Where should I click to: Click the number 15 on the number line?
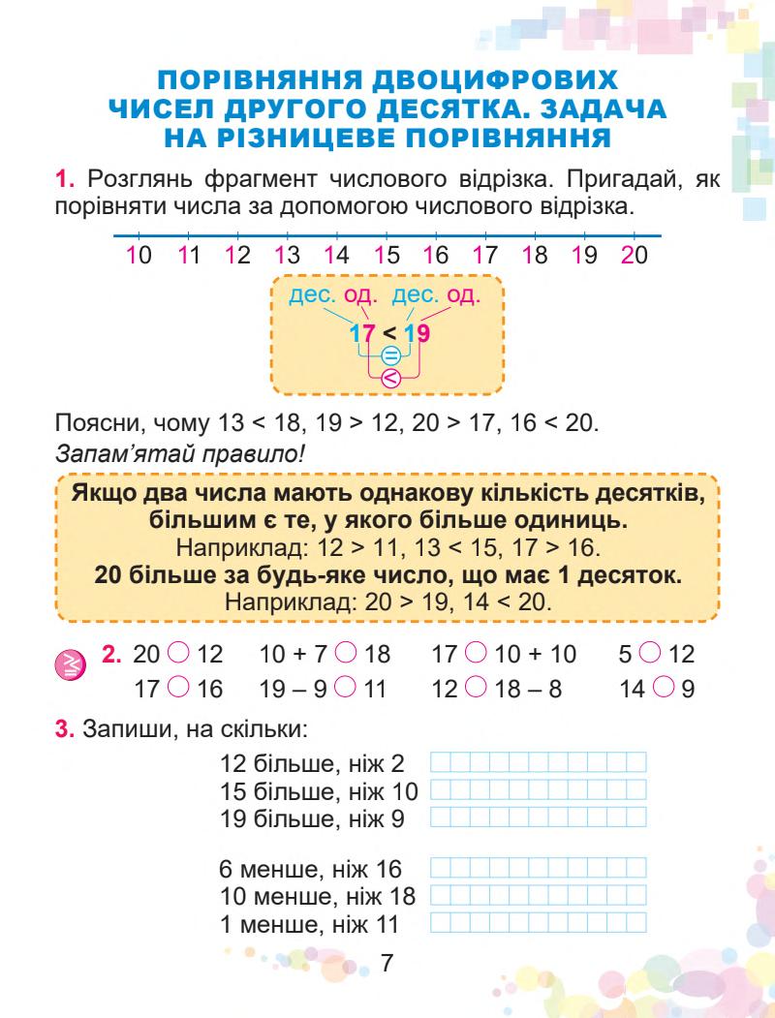click(x=387, y=258)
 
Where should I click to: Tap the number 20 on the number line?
click(x=635, y=258)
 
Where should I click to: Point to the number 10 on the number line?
click(x=139, y=258)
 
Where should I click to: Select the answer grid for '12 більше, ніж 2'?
click(x=538, y=764)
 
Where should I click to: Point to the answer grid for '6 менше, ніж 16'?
click(x=538, y=868)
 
